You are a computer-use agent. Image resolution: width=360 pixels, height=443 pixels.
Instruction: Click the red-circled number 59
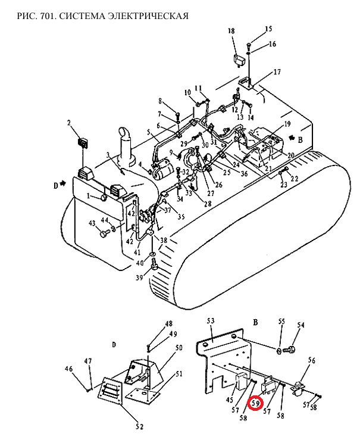(255, 404)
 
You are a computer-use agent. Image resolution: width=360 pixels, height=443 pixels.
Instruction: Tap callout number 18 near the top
(231, 31)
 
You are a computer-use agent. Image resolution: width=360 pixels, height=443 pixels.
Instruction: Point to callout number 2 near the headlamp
(68, 123)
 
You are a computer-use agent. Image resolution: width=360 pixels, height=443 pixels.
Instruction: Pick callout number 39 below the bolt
(139, 277)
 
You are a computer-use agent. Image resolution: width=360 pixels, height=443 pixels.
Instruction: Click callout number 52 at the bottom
(139, 426)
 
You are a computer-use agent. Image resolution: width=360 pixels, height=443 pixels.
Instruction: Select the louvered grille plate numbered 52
(110, 391)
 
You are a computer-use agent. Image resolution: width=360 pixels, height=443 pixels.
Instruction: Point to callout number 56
(311, 361)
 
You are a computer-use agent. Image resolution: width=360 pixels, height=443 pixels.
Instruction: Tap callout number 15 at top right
(268, 29)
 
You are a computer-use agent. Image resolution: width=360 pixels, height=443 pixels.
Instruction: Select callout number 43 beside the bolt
(92, 223)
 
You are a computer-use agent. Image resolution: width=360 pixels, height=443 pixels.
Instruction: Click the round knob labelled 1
(104, 198)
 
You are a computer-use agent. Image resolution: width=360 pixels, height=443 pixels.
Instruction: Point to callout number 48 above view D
(168, 324)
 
